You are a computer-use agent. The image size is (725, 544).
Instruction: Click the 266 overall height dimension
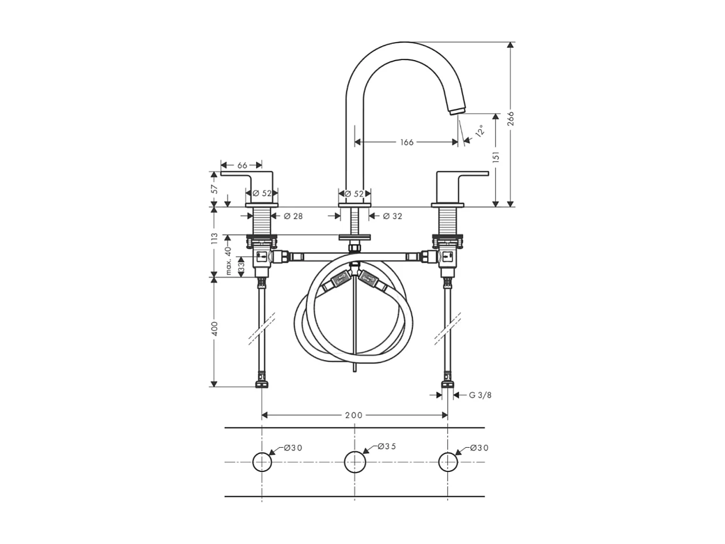tap(510, 118)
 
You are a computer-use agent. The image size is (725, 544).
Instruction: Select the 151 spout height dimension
tap(496, 157)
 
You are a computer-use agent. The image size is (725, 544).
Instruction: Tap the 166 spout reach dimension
tap(407, 142)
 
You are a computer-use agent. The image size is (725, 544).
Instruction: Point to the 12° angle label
tap(479, 131)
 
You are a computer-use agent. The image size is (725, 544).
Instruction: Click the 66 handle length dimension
tap(242, 166)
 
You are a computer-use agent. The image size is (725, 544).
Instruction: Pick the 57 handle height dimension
tap(214, 188)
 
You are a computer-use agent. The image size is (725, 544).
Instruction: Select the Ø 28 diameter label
tap(293, 216)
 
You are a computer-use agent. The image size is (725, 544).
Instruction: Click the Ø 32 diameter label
tap(392, 216)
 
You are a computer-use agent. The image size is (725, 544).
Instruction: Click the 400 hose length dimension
tap(214, 329)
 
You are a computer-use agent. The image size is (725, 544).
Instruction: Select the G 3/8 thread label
tap(479, 395)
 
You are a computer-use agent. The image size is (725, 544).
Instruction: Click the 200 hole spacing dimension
tap(354, 415)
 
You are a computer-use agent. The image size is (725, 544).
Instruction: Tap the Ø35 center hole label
tap(387, 447)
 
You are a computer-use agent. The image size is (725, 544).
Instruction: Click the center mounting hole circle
tap(355, 462)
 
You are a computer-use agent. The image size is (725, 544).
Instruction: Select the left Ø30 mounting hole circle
tap(262, 462)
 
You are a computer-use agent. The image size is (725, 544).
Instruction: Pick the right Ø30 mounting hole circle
tap(448, 462)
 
